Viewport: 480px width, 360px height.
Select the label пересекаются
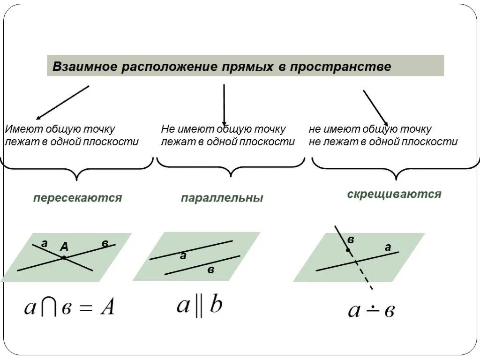[77, 198]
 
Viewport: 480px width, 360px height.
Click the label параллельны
[222, 198]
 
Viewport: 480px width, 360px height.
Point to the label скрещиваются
[394, 194]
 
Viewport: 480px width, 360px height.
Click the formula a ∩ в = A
[69, 308]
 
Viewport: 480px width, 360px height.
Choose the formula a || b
[199, 306]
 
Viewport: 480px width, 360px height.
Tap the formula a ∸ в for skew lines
[371, 310]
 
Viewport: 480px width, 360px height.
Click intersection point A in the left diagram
[64, 257]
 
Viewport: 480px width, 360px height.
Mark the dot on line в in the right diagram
[347, 251]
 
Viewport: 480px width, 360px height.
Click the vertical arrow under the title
[224, 105]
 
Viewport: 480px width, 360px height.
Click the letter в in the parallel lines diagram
[211, 270]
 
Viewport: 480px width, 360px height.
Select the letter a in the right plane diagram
[388, 247]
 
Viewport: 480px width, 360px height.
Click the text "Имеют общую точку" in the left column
[60, 129]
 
